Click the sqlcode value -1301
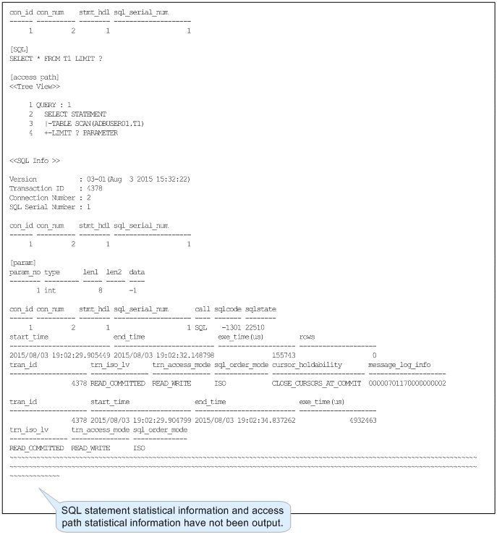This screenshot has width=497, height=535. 230,327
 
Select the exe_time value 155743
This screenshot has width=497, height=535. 284,355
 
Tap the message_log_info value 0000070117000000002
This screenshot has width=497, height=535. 407,383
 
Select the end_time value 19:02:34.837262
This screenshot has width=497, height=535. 245,420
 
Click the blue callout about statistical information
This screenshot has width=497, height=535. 174,515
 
